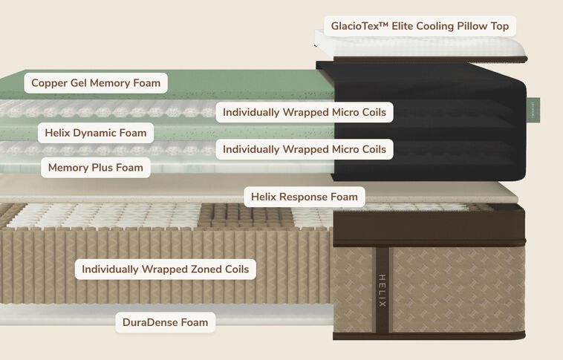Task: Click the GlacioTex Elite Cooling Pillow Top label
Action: click(419, 27)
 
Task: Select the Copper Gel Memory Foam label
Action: click(96, 83)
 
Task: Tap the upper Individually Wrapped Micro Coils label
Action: click(304, 113)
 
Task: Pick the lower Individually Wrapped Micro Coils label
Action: click(304, 149)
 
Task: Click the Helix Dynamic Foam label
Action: click(95, 133)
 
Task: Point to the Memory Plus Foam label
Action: click(95, 168)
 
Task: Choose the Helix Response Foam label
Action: click(304, 197)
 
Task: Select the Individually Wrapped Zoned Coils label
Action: click(165, 269)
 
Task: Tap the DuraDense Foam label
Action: click(165, 322)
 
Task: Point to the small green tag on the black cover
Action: click(534, 110)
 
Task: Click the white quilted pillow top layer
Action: click(446, 48)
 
